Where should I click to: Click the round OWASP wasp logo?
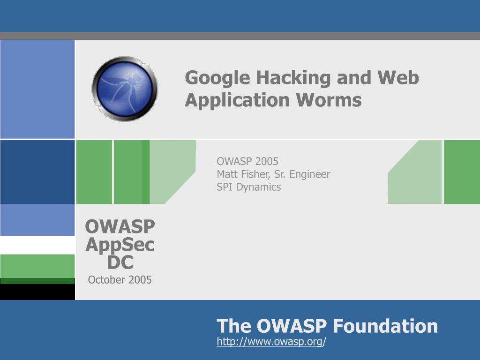pos(125,89)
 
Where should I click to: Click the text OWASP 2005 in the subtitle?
pos(247,162)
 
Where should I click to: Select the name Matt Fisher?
pos(242,174)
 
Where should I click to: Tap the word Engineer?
pos(310,174)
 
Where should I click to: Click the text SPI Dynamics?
pos(248,187)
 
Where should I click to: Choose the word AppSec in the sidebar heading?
pos(120,245)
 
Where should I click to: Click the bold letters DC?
pos(120,262)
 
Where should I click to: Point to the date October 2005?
pos(120,280)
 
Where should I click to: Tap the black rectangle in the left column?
pos(37,292)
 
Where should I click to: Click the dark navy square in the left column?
pos(37,172)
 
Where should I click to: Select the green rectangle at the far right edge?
pos(462,172)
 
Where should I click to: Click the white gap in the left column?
pos(37,245)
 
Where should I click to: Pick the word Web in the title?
pos(397,78)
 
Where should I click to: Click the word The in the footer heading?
pos(234,326)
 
